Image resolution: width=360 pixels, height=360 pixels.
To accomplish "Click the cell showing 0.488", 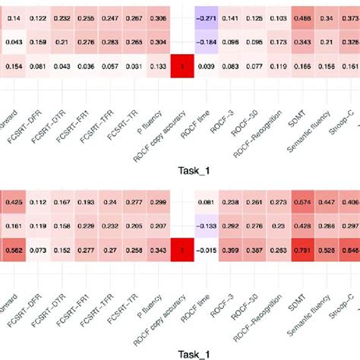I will (305, 17).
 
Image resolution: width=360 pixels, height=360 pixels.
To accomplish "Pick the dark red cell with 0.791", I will (305, 250).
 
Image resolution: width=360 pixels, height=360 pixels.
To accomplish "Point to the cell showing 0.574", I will (305, 203).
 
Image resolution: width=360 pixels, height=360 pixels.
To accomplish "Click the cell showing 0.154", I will (14, 67).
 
